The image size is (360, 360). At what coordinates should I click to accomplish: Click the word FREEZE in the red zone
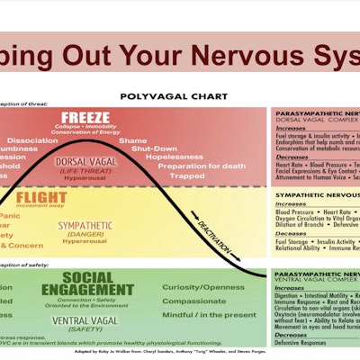[85, 119]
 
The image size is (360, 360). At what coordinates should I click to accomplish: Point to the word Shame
[132, 141]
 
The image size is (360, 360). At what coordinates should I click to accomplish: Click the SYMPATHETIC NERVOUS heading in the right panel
[317, 193]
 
